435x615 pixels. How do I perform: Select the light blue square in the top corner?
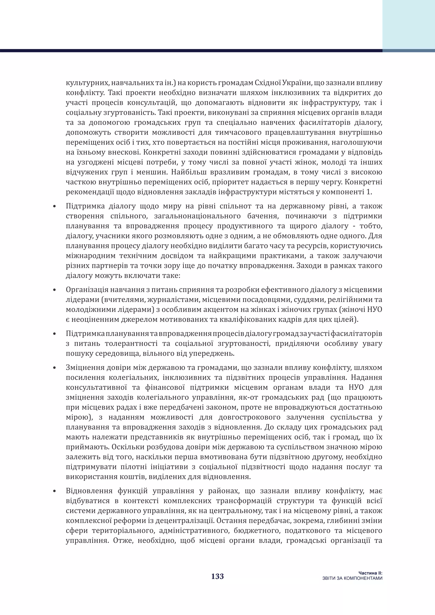pyautogui.click(x=408, y=24)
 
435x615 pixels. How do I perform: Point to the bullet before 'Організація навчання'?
pyautogui.click(x=54, y=290)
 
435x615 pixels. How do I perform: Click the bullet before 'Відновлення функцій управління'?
pyautogui.click(x=54, y=491)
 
